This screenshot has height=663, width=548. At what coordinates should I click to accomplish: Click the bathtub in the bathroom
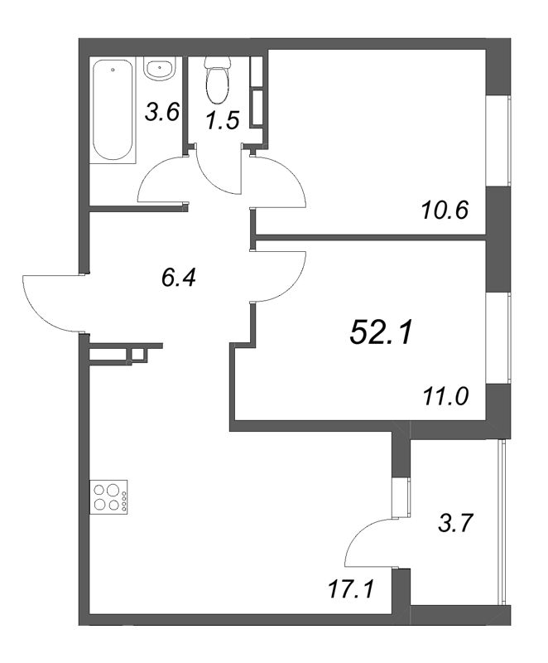[x=113, y=110]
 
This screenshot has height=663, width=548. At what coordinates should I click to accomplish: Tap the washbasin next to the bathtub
[x=160, y=68]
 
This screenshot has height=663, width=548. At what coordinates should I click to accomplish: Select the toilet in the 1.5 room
[x=218, y=80]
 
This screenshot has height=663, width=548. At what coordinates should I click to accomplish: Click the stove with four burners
[x=108, y=497]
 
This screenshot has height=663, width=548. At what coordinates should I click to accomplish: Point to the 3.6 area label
[x=162, y=113]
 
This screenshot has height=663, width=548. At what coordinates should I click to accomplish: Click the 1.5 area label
[x=223, y=119]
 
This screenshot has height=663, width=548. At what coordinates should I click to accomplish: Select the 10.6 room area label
[x=445, y=210]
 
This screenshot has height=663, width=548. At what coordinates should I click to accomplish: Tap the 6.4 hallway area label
[x=179, y=278]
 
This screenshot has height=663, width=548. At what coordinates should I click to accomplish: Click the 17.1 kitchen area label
[x=351, y=589]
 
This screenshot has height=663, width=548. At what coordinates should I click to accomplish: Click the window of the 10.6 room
[x=498, y=141]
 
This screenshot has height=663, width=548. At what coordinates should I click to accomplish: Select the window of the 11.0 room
[x=498, y=338]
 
